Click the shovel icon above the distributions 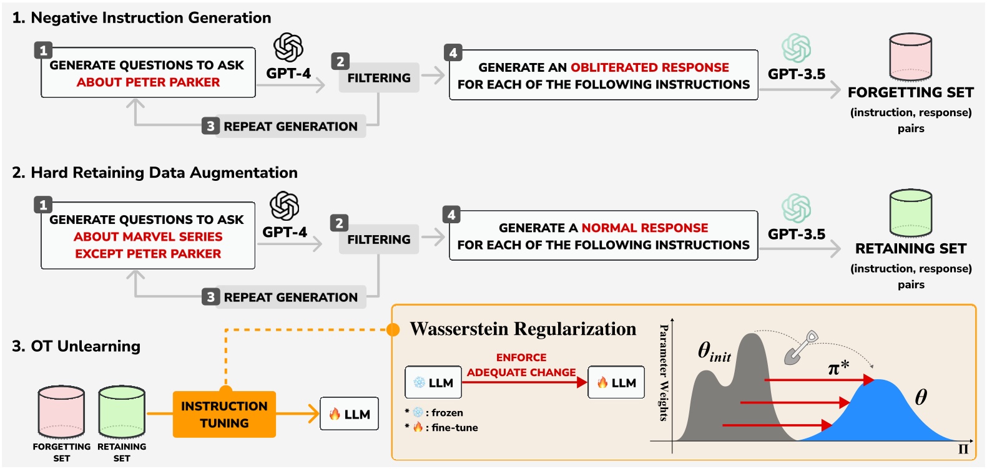(x=800, y=348)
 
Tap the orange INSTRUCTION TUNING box (x=224, y=415)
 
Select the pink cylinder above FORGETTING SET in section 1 (x=910, y=57)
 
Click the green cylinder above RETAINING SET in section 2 (x=910, y=214)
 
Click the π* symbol (x=838, y=368)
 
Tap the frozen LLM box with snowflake (x=433, y=382)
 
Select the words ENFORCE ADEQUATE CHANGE (x=521, y=365)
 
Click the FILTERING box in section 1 (x=379, y=78)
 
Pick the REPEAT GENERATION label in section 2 (x=290, y=297)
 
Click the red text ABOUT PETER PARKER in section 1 (x=148, y=82)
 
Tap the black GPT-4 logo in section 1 (x=288, y=47)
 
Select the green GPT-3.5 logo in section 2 (x=796, y=208)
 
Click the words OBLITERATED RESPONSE (x=649, y=67)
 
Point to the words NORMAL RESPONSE (x=644, y=228)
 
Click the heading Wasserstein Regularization (x=523, y=329)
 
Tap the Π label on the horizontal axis (x=963, y=449)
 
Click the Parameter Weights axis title (x=664, y=372)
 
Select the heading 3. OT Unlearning (x=76, y=346)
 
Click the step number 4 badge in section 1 (x=453, y=53)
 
